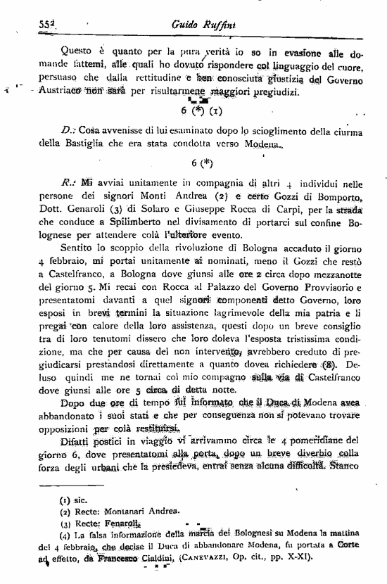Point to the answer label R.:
point(68,182)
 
